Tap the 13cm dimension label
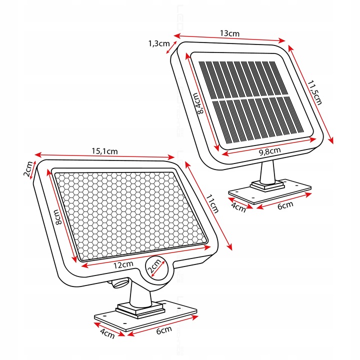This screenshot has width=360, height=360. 230,33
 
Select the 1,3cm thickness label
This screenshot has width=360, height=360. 158,43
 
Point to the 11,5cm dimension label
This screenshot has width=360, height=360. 314,93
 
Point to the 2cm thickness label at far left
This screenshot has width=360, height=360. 29,170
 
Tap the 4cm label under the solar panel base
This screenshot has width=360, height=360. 238,206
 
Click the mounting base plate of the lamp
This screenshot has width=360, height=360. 145,318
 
